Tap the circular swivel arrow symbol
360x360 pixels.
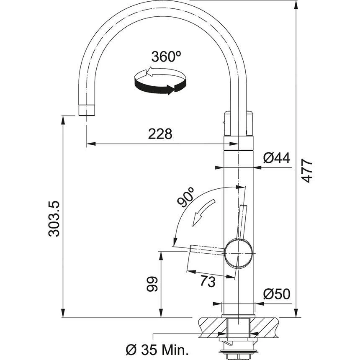159,82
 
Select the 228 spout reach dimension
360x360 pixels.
160,134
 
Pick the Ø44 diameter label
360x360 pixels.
277,158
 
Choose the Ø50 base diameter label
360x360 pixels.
277,294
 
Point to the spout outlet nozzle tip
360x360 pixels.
87,110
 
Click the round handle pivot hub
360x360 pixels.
239,254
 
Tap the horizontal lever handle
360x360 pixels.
207,249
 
